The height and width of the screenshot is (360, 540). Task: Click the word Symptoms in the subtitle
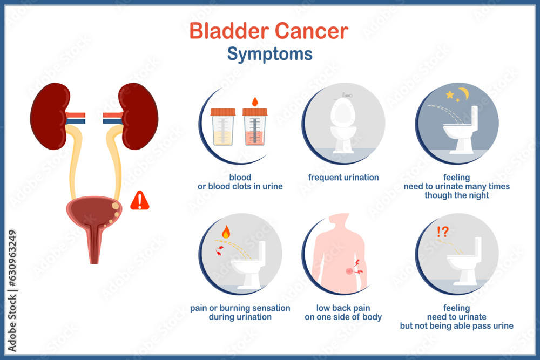(x=269, y=54)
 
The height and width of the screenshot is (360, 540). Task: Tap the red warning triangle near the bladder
(x=140, y=201)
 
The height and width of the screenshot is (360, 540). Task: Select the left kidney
(x=50, y=116)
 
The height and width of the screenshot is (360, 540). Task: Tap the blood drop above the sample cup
(x=255, y=101)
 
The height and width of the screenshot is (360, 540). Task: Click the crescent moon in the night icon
(x=463, y=93)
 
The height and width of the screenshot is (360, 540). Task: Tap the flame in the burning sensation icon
(x=226, y=232)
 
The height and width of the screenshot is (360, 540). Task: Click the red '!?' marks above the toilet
(x=443, y=232)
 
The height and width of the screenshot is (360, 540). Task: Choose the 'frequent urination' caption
(x=343, y=178)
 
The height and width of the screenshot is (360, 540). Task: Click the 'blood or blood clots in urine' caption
(x=240, y=182)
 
